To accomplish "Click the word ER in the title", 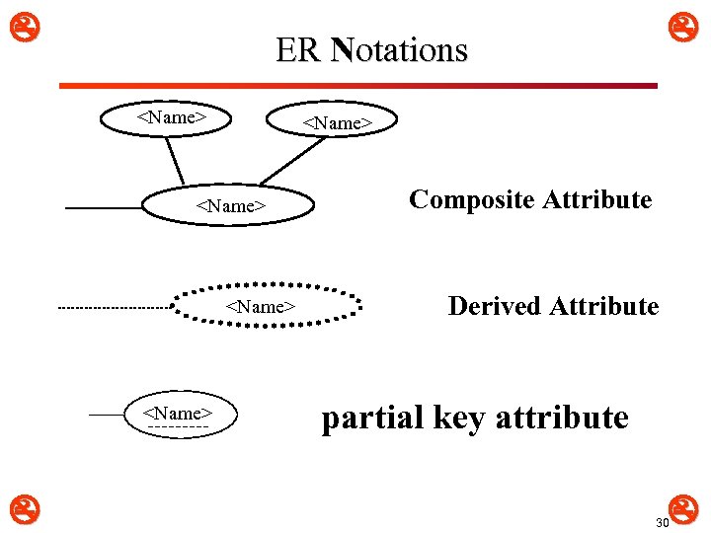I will pyautogui.click(x=298, y=50).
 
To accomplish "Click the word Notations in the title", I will pyautogui.click(x=400, y=50).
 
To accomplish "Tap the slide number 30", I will pyautogui.click(x=662, y=522).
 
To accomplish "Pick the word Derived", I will pyautogui.click(x=495, y=306).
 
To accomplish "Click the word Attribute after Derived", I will pyautogui.click(x=604, y=306).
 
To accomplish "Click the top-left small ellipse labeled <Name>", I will pyautogui.click(x=170, y=117).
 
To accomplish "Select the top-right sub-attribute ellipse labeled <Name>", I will pyautogui.click(x=337, y=122).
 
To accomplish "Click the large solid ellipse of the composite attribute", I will pyautogui.click(x=231, y=205).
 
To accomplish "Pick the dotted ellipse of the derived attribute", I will pyautogui.click(x=262, y=306).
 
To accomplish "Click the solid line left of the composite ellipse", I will pyautogui.click(x=104, y=208).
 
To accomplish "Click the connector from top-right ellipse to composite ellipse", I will pyautogui.click(x=291, y=163).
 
